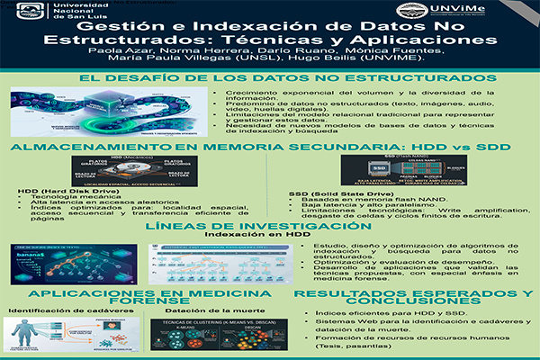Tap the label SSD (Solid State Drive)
(329, 193)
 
